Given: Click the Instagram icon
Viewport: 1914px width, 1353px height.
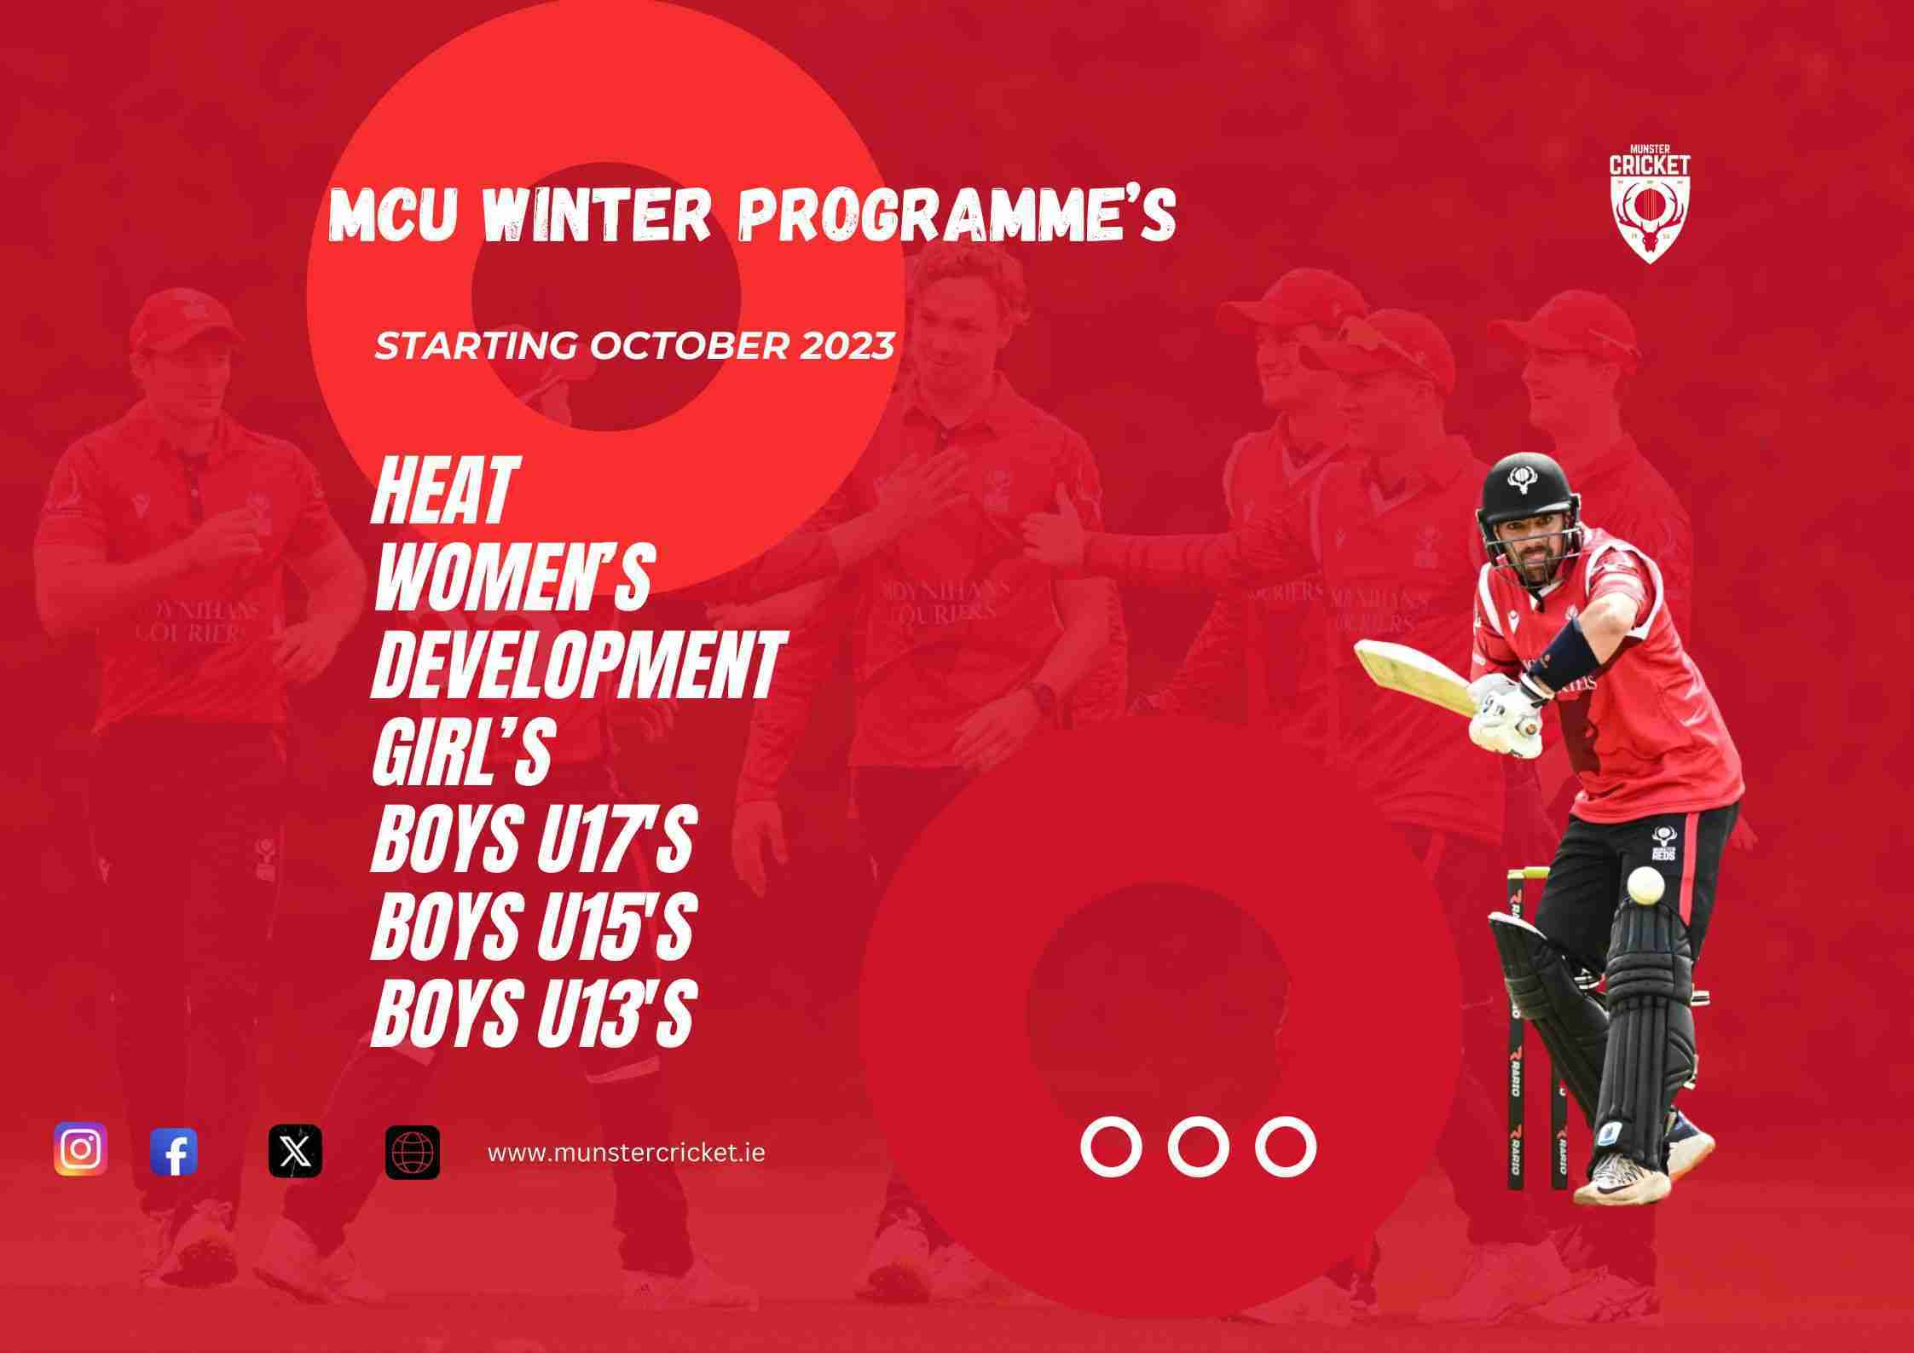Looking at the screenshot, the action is point(81,1149).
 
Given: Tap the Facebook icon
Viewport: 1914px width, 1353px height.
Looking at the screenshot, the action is point(174,1152).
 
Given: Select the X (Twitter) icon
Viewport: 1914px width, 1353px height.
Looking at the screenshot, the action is point(295,1151).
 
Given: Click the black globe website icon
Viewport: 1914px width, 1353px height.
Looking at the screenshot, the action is point(413,1152).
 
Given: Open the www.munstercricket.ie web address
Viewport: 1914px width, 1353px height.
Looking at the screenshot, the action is point(627,1153).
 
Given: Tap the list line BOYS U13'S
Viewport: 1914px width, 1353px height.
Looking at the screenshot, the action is point(530,1011).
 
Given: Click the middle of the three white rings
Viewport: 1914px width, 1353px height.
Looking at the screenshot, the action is point(1198,1147).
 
